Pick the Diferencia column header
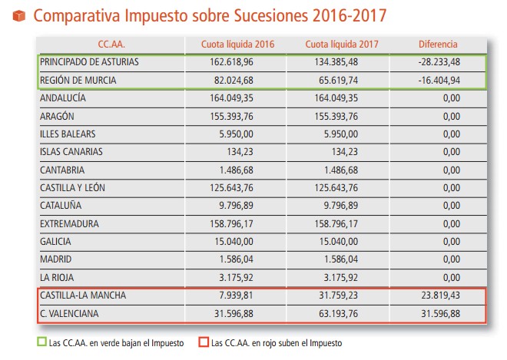tap(438, 45)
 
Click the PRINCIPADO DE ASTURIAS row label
tap(91, 62)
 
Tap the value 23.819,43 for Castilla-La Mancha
tap(438, 296)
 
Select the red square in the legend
tap(203, 342)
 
